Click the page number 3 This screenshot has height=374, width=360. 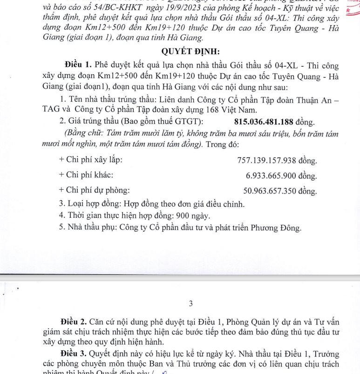pyautogui.click(x=190, y=304)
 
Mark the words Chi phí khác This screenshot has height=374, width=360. pyautogui.click(x=89, y=175)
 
